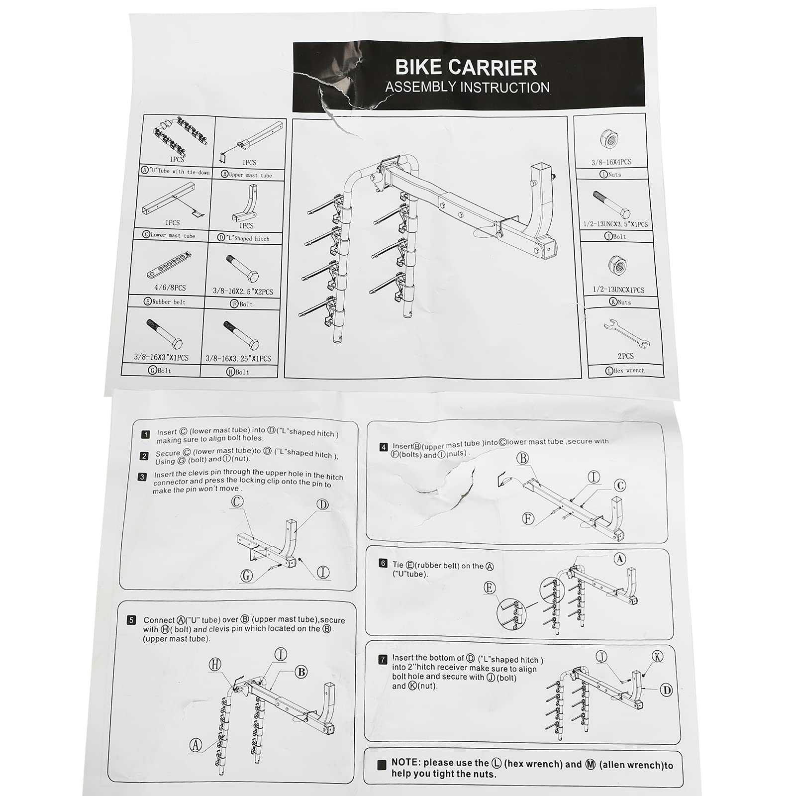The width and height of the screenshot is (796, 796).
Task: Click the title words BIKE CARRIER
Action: coord(466,67)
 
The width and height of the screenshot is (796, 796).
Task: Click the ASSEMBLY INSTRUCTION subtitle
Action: coord(467,88)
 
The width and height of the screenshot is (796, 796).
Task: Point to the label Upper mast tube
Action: coord(250,175)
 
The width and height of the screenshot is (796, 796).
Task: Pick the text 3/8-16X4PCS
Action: coord(611,162)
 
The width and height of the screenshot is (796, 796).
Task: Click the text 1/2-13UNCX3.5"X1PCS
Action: coord(616,224)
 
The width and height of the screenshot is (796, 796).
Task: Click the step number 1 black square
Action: coord(145,435)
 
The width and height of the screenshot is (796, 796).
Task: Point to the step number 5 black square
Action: coord(131,620)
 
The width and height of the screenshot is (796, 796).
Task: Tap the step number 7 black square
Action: coord(383,660)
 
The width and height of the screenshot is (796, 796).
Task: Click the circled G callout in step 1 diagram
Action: coord(246,576)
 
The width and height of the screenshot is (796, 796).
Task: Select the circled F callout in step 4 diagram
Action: coord(528,519)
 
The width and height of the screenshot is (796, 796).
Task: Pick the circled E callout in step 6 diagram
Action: coord(490,588)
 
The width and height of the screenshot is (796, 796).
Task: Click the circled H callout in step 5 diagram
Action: coord(215,664)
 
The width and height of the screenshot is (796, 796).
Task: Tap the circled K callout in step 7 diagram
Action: coord(658,657)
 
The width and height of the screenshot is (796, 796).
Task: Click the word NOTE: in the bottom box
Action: coord(406,763)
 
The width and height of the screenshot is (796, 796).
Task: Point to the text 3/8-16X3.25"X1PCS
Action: coord(238,358)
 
